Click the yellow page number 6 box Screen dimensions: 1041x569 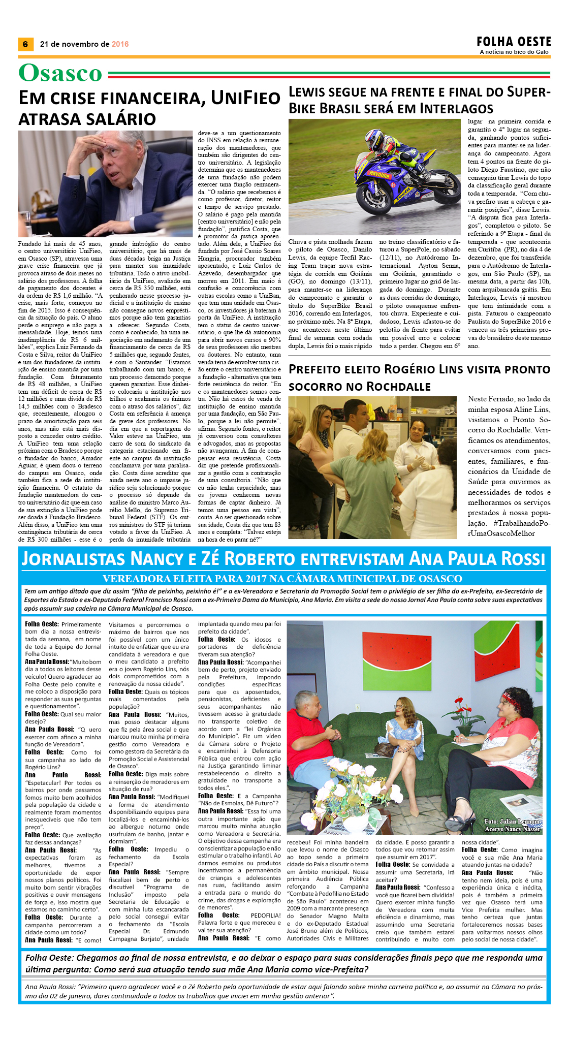pyautogui.click(x=25, y=44)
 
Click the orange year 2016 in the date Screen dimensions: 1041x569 pyautogui.click(x=120, y=44)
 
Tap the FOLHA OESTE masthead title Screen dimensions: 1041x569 pyautogui.click(x=514, y=42)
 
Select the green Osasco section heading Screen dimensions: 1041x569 pyautogui.click(x=60, y=73)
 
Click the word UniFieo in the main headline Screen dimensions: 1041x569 pyautogui.click(x=245, y=98)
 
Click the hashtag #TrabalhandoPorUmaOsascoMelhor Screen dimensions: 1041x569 pyautogui.click(x=509, y=528)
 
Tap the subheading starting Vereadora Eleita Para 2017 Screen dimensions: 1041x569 pyautogui.click(x=282, y=579)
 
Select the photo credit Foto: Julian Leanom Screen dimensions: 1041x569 pyautogui.click(x=512, y=822)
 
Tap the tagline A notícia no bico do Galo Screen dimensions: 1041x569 pyautogui.click(x=514, y=52)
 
